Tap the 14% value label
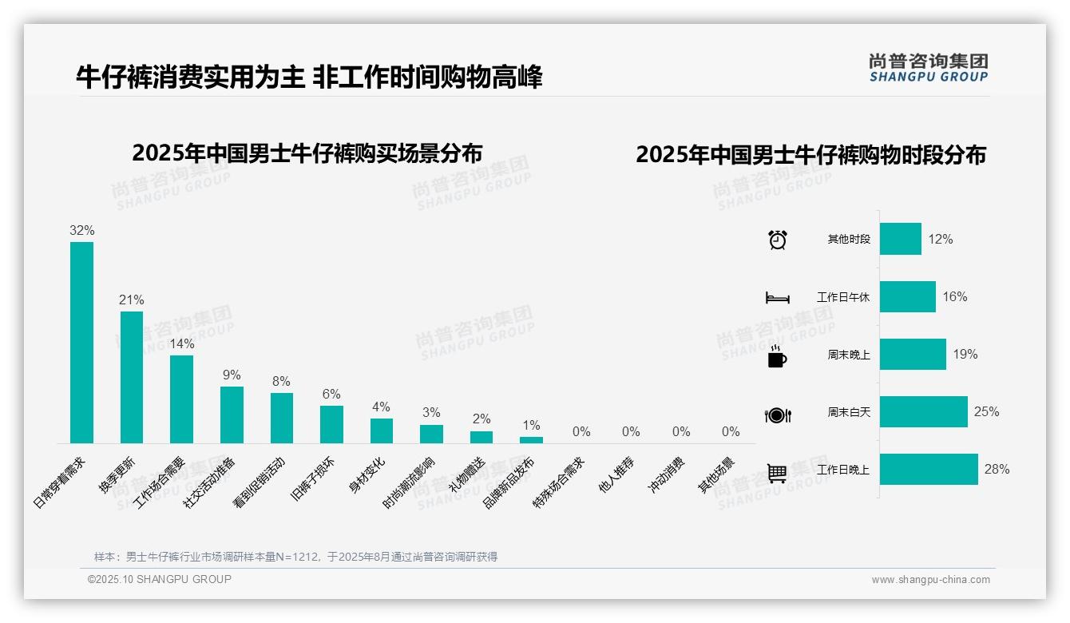click(182, 344)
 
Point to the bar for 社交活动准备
click(232, 415)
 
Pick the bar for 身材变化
click(382, 431)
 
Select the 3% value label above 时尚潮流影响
click(431, 413)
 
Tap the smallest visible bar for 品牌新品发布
click(531, 439)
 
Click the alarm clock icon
click(778, 240)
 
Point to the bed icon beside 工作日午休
click(778, 298)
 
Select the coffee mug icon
click(777, 356)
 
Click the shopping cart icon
click(777, 473)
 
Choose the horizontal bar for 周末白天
click(923, 412)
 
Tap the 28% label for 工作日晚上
click(997, 470)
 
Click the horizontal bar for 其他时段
click(900, 239)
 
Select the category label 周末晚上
click(849, 355)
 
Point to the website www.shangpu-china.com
click(930, 580)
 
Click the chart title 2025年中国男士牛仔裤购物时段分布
click(810, 155)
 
